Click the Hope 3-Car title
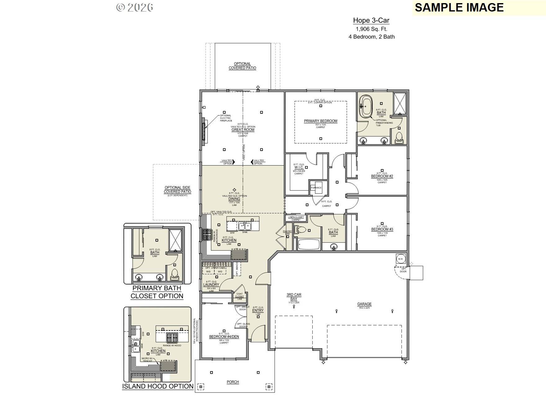click(371, 20)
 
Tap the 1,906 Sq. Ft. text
click(371, 29)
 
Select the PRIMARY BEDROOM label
click(320, 121)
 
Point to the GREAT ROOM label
click(243, 130)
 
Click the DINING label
click(234, 199)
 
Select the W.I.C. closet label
click(299, 167)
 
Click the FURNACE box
click(316, 188)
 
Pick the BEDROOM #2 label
click(382, 176)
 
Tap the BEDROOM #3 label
click(382, 229)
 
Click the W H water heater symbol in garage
click(400, 259)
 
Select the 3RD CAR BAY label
click(293, 297)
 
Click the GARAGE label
click(364, 304)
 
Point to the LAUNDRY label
click(211, 285)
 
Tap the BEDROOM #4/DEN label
click(224, 337)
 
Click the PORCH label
click(233, 382)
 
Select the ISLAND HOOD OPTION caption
click(158, 386)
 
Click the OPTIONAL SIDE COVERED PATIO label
click(177, 190)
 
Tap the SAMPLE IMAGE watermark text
click(459, 7)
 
